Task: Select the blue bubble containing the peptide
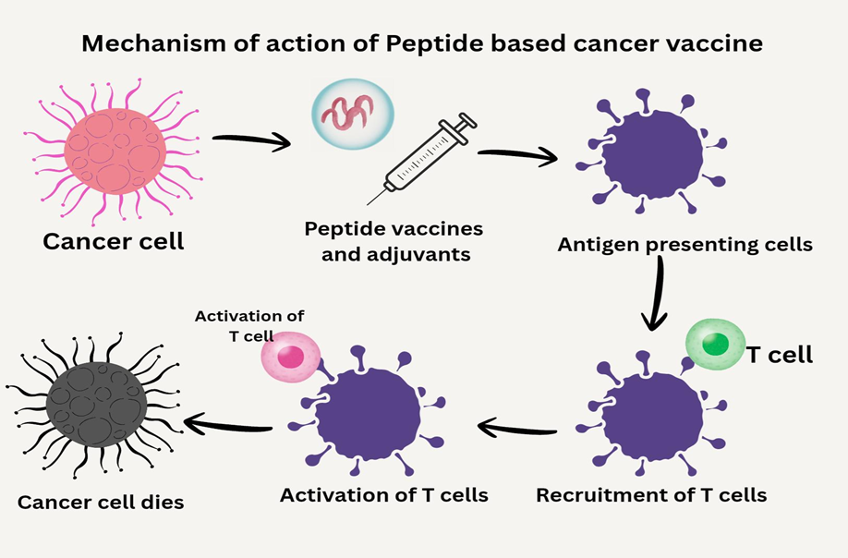(351, 111)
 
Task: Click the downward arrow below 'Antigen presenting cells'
(657, 293)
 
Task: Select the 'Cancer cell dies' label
(101, 503)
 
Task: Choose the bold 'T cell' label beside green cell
(781, 354)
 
